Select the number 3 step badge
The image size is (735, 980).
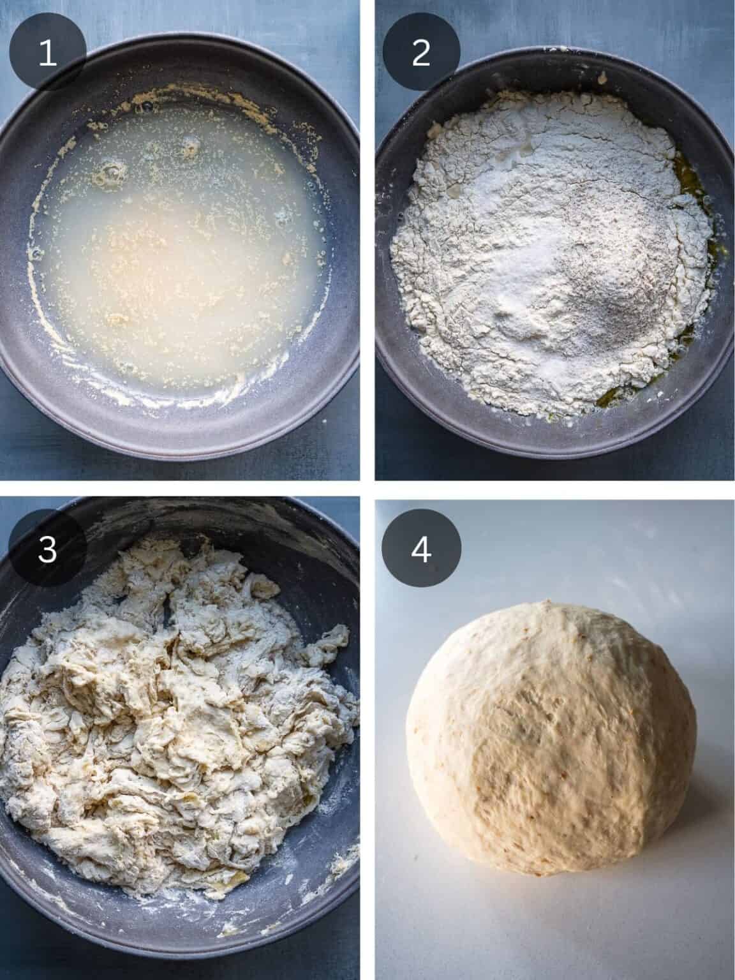[x=48, y=549]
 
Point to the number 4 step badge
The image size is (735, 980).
[x=420, y=549]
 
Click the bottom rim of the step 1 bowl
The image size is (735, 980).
[x=179, y=450]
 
